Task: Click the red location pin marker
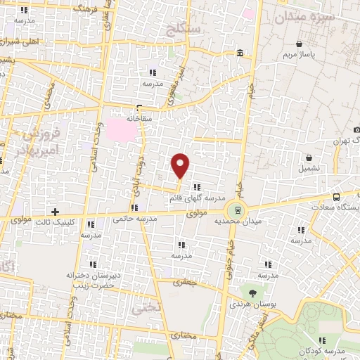click(181, 165)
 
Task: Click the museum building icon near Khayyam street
click(240, 53)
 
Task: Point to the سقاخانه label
click(140, 120)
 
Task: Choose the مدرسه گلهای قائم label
click(193, 198)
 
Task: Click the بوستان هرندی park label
click(248, 305)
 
